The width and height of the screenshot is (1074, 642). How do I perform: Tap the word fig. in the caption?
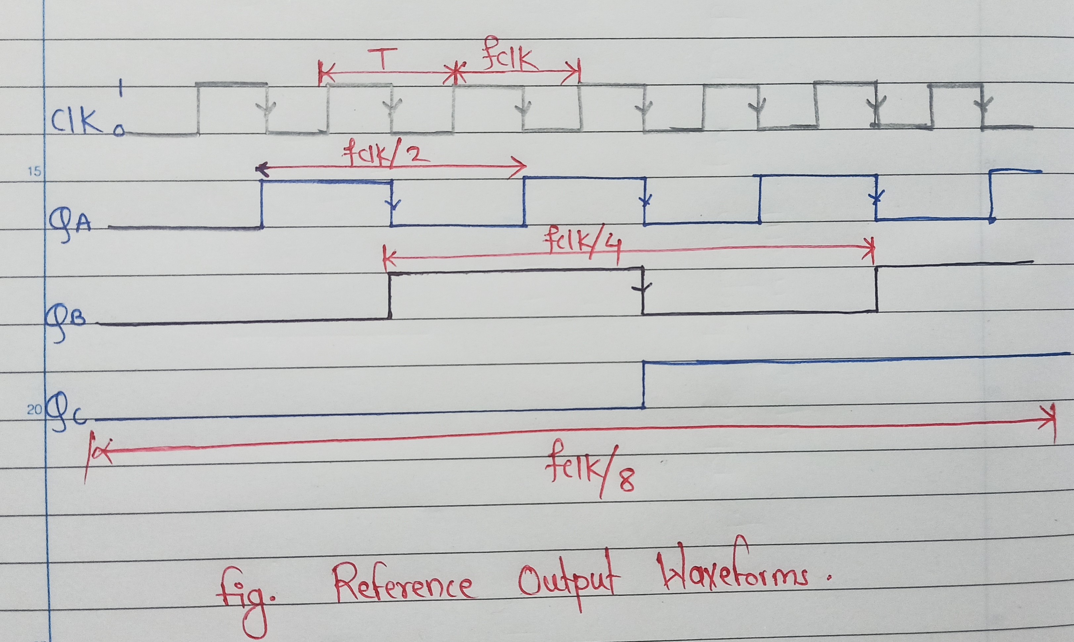[247, 597]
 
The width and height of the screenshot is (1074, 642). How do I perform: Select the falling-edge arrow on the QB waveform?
[643, 288]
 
